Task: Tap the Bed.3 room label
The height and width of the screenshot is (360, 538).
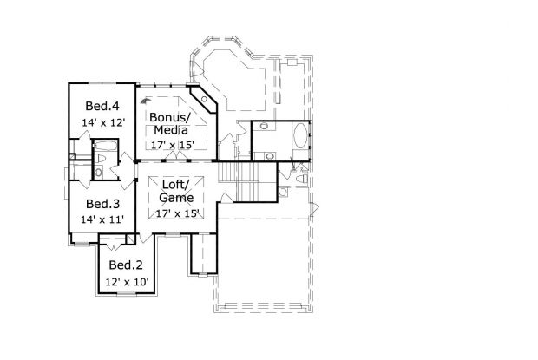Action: (102, 204)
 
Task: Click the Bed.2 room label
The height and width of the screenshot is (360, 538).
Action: (127, 265)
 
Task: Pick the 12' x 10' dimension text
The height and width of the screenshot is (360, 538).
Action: (127, 283)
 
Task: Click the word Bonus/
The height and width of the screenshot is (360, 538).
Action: (169, 117)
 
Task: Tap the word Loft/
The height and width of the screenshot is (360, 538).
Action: (176, 185)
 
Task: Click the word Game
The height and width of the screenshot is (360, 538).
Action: (176, 199)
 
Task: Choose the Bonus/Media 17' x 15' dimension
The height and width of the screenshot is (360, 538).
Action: (169, 146)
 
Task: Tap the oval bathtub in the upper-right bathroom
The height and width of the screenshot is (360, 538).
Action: (299, 139)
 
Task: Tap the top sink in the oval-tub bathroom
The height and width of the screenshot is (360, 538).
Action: (267, 128)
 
